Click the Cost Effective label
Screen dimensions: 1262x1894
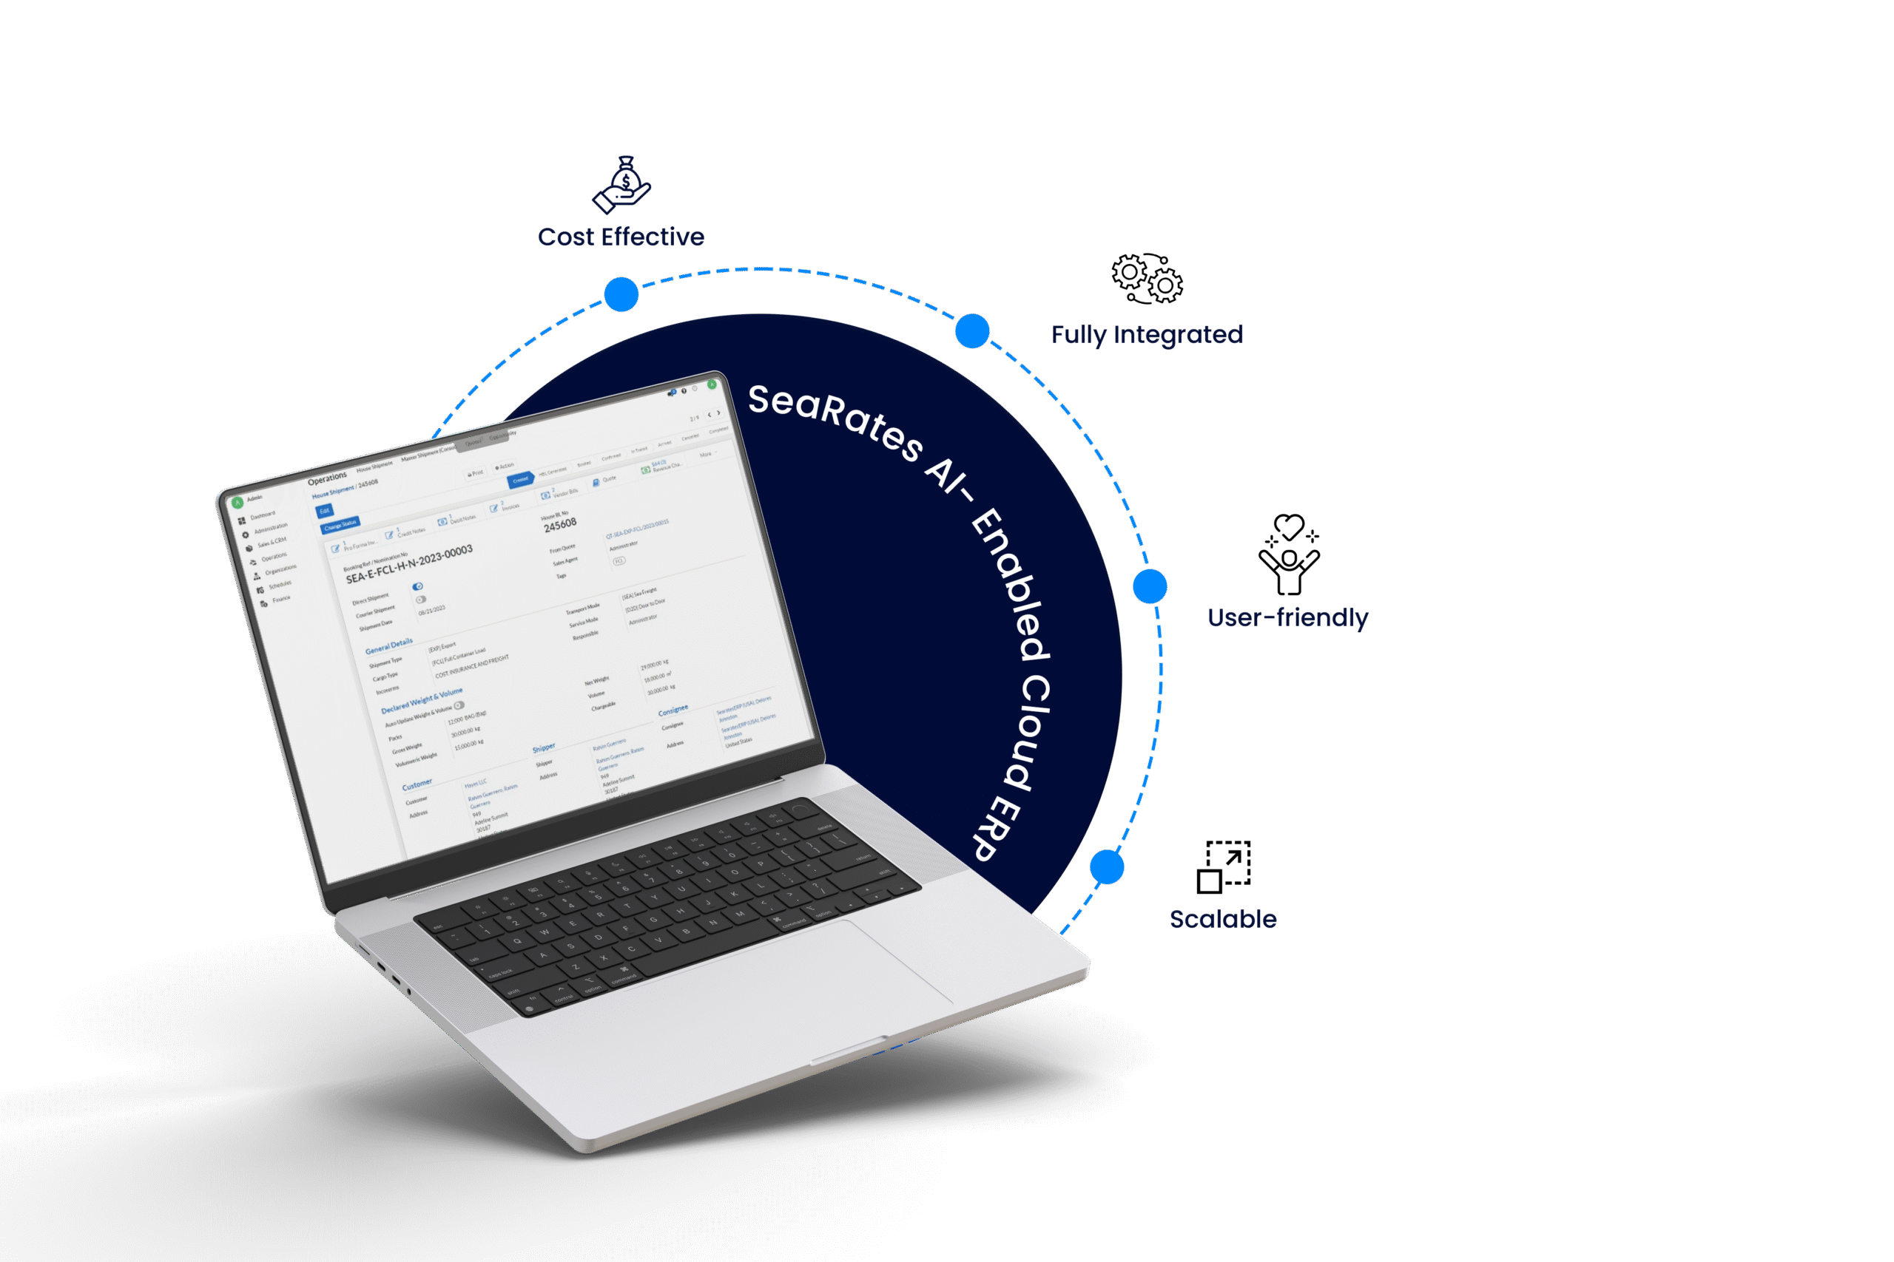[621, 237]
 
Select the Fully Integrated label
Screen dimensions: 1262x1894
[1147, 334]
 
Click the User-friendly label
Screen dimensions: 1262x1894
[1287, 617]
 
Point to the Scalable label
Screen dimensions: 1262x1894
[1222, 918]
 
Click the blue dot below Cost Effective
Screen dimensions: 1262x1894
[621, 294]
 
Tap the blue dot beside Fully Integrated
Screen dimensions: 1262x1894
[972, 330]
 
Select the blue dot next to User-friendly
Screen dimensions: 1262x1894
[1149, 586]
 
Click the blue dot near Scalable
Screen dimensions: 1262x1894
[1107, 866]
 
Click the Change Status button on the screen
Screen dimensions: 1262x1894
[340, 525]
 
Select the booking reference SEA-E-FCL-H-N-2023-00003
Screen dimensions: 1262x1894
[409, 563]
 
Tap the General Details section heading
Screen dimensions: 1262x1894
[389, 645]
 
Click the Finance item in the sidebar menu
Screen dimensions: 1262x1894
[280, 600]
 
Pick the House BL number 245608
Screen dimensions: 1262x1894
[559, 525]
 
